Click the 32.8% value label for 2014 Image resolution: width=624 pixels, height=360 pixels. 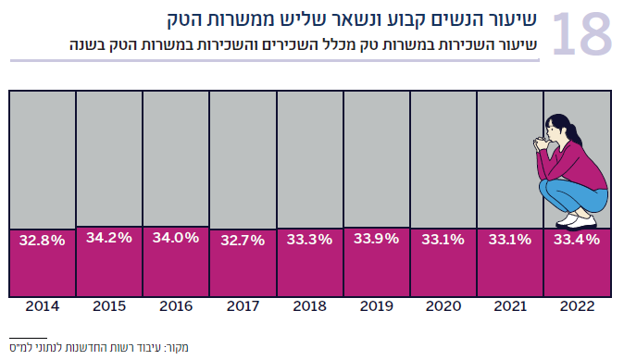[43, 241]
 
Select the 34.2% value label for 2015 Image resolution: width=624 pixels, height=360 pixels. [109, 238]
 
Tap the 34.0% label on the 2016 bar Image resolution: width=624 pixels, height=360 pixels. [176, 238]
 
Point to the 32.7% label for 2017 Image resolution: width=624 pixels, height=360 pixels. [243, 241]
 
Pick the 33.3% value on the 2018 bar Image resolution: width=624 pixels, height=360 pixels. [309, 240]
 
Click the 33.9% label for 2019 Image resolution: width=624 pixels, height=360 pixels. [376, 239]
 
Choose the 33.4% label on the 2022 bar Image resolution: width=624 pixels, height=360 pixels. [576, 240]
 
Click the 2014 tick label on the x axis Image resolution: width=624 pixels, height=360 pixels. [43, 305]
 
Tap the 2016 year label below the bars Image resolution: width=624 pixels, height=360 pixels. [176, 305]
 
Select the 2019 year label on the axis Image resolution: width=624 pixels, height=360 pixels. [376, 305]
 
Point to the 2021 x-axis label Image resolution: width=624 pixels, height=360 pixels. [509, 305]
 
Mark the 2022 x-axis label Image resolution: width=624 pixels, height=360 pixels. [576, 305]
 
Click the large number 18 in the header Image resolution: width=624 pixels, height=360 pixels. [581, 34]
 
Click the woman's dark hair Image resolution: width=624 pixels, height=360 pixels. [564, 125]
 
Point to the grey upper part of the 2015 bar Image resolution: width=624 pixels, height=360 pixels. [109, 157]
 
